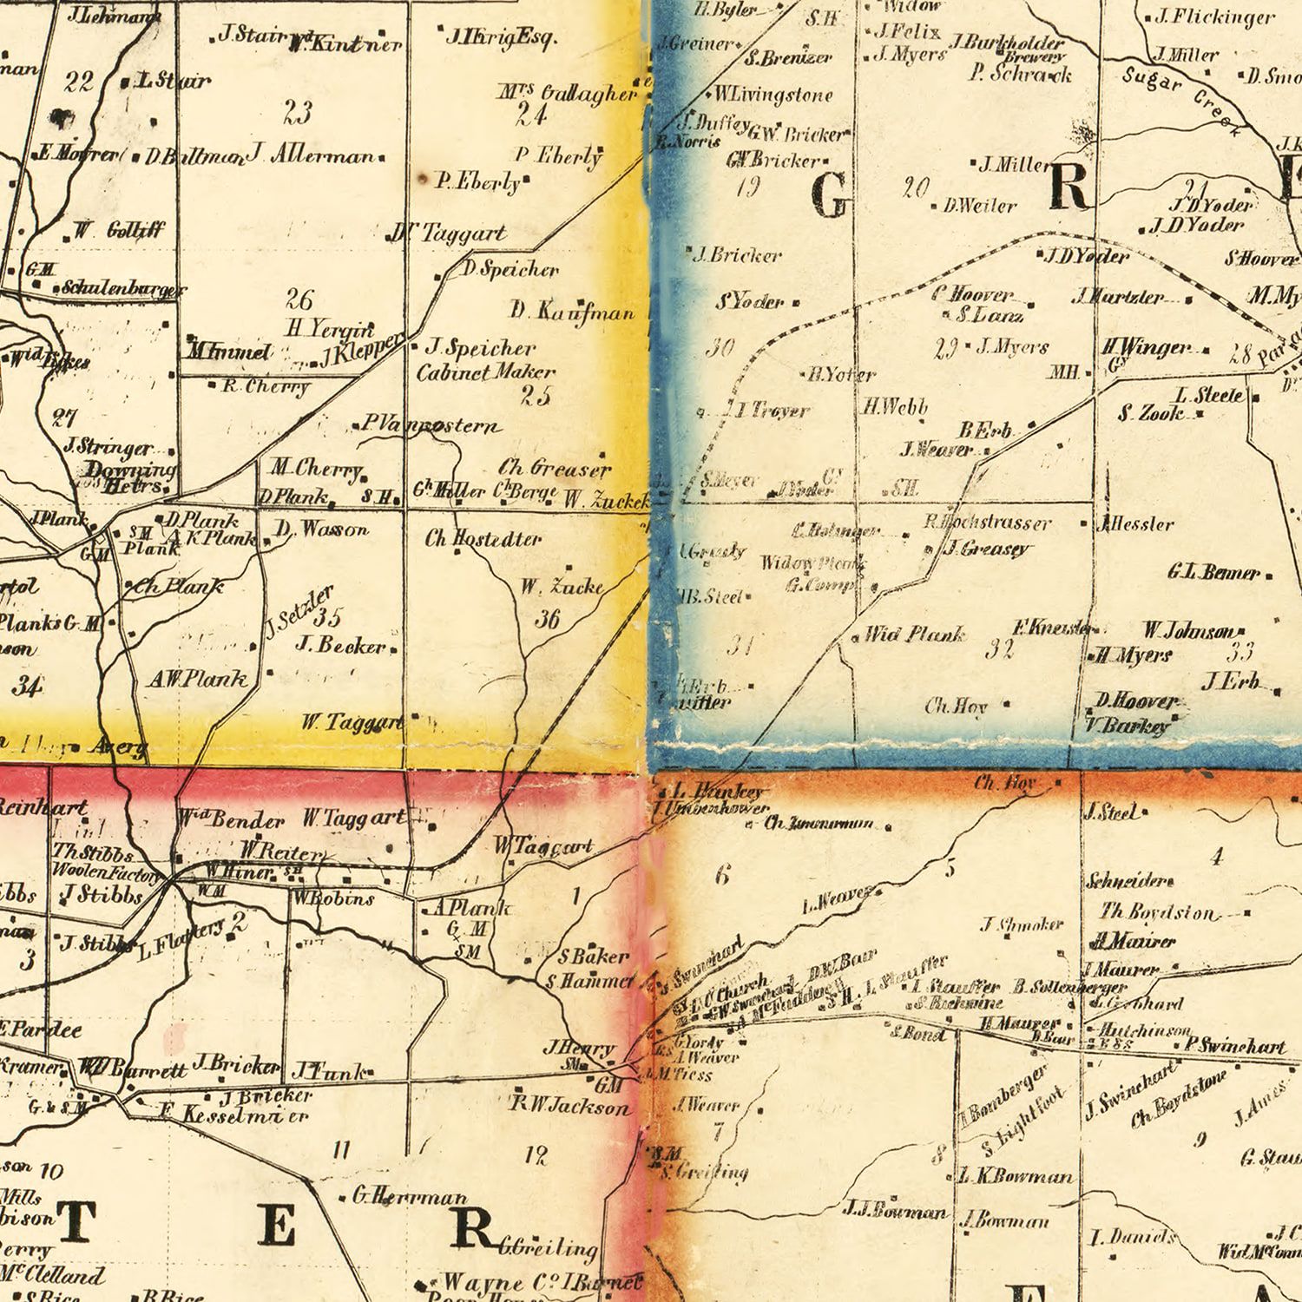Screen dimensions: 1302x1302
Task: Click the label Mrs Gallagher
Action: click(x=568, y=93)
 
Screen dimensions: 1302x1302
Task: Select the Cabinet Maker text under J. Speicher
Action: click(x=485, y=372)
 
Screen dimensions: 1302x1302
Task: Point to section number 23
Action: click(x=298, y=112)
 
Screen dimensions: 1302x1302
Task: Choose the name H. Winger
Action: click(x=1147, y=348)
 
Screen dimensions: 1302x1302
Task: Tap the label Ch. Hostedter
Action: click(x=483, y=539)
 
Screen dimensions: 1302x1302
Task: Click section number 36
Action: click(x=547, y=618)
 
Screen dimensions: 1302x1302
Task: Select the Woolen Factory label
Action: click(x=106, y=871)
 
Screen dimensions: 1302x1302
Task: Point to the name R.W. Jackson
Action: click(x=569, y=1106)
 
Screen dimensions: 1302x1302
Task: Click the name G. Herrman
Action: click(x=410, y=1197)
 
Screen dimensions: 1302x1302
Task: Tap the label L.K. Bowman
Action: click(x=1016, y=1177)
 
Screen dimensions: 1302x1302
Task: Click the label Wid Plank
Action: click(x=915, y=635)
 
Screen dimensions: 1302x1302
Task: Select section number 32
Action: click(x=999, y=649)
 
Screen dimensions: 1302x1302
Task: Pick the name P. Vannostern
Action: click(x=430, y=426)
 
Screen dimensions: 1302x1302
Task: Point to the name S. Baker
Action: click(x=593, y=957)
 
